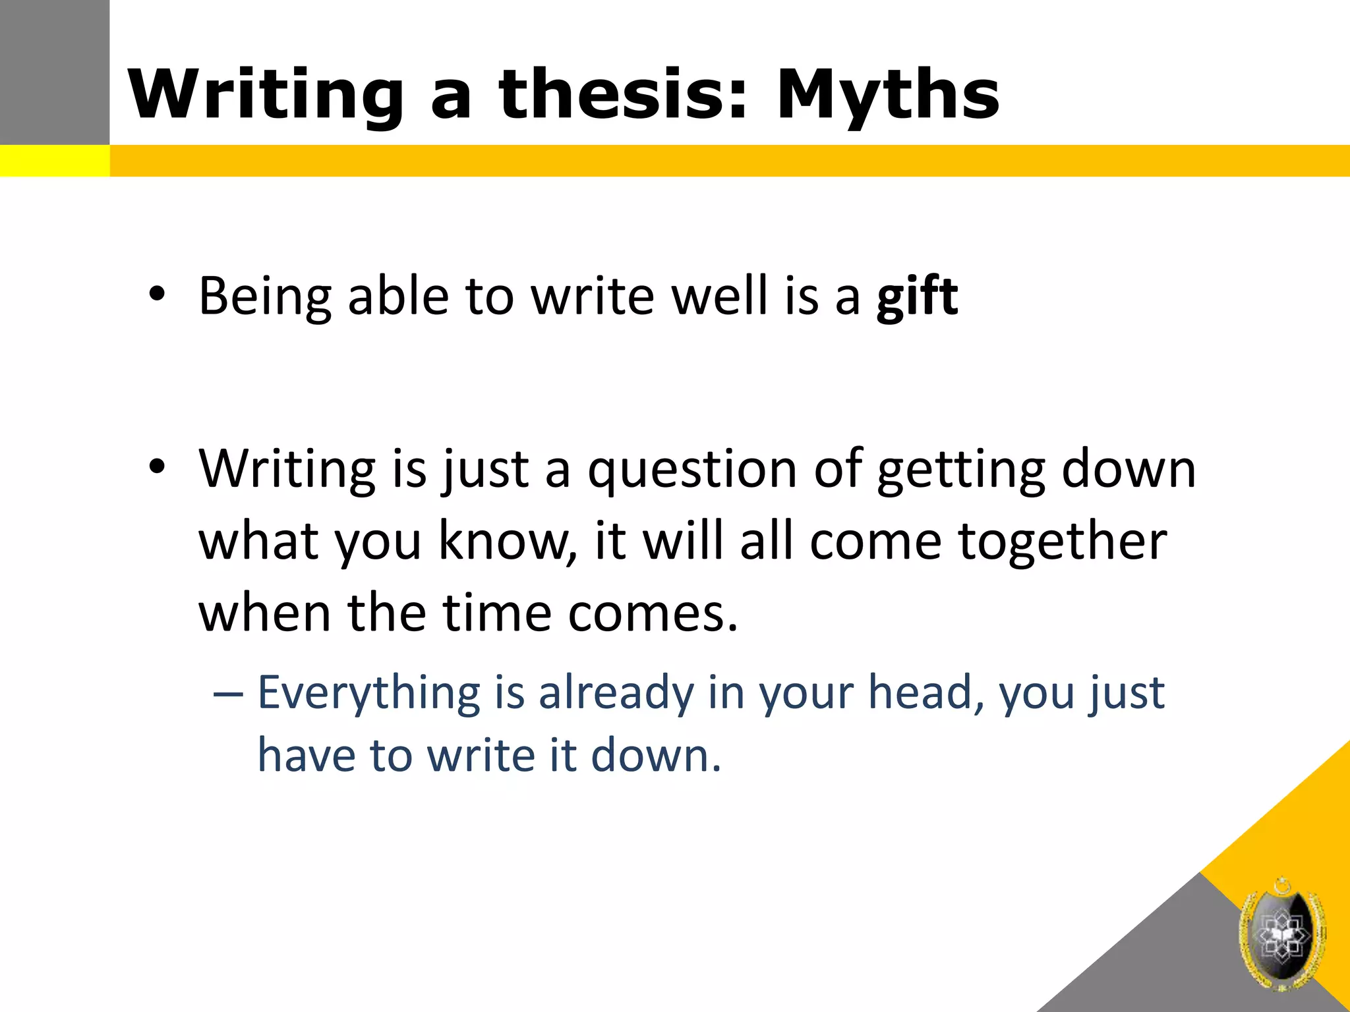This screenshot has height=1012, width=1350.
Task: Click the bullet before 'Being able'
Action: click(157, 294)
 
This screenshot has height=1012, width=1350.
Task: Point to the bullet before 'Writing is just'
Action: click(157, 466)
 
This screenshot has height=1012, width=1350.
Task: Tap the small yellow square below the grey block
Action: click(54, 161)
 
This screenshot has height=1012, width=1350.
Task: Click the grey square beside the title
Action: click(54, 72)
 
